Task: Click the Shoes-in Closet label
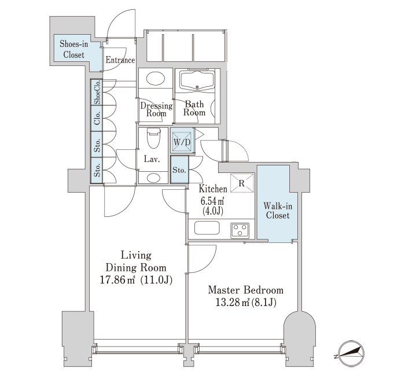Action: click(x=73, y=49)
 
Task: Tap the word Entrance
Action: click(x=120, y=60)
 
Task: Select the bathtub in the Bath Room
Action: click(x=198, y=80)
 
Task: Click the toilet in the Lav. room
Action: click(x=153, y=138)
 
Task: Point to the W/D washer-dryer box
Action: click(x=182, y=141)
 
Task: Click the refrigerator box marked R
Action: click(x=242, y=183)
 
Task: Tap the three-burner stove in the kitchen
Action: click(x=240, y=230)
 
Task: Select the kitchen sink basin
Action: click(x=207, y=228)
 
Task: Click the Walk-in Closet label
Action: click(x=278, y=211)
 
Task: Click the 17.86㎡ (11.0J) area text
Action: click(x=136, y=280)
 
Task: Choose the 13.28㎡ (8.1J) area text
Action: click(x=246, y=302)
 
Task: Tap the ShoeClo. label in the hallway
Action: click(x=97, y=92)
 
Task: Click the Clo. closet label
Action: click(x=97, y=118)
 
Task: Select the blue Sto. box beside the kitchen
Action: click(x=179, y=170)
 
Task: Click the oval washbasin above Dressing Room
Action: click(x=156, y=78)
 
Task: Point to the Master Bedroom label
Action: click(x=246, y=290)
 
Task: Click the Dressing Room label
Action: click(x=156, y=109)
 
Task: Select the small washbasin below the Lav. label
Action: click(x=153, y=178)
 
